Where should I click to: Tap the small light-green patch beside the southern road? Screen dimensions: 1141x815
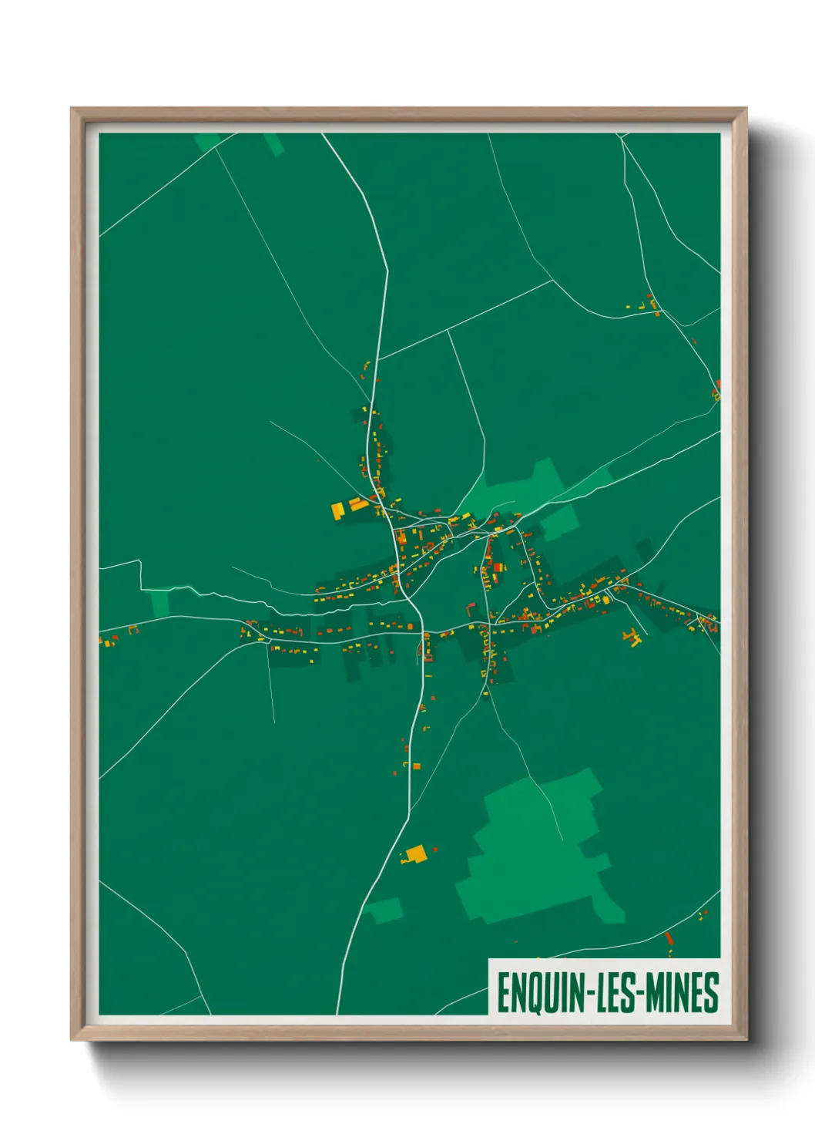(384, 910)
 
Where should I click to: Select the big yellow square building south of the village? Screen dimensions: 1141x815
(416, 853)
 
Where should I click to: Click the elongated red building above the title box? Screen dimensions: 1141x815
(669, 938)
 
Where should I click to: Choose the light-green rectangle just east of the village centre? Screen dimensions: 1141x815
(559, 522)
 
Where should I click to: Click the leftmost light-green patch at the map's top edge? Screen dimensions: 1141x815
(207, 142)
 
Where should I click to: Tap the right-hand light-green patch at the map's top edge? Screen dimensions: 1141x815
(274, 144)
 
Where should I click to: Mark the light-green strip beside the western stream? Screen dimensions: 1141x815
(160, 604)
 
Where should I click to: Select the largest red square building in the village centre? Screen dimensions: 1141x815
(498, 567)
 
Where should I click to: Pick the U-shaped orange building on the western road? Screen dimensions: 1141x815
(132, 630)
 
